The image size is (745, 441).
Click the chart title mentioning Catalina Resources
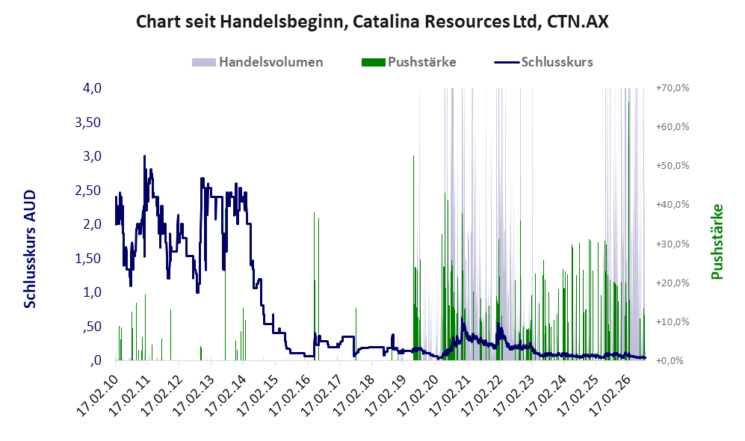(x=372, y=22)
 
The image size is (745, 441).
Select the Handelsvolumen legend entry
(x=258, y=62)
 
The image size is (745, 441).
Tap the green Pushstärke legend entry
(x=409, y=62)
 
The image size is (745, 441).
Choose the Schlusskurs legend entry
(x=543, y=62)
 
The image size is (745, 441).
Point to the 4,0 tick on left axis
(x=92, y=88)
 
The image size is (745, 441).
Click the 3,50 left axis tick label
(x=88, y=123)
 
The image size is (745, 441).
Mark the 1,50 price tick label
(x=88, y=259)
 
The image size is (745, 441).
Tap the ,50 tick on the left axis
(x=91, y=327)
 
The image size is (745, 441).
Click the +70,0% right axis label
(x=673, y=88)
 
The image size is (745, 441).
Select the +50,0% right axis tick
(x=673, y=166)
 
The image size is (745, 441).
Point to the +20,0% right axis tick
(x=673, y=283)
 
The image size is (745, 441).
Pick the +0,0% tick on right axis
(x=670, y=361)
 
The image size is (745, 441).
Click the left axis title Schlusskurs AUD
(x=30, y=249)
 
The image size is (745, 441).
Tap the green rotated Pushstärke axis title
(x=717, y=242)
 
